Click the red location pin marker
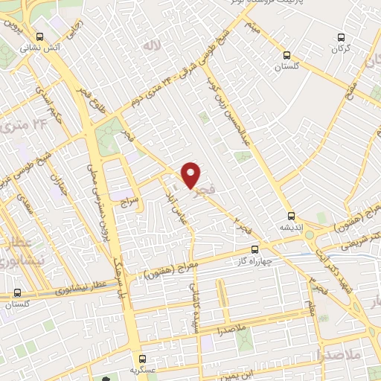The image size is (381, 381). tap(191, 176)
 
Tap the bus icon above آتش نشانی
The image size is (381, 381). tap(39, 36)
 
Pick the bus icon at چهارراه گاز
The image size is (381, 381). tap(255, 249)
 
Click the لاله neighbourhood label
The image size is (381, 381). tap(152, 47)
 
